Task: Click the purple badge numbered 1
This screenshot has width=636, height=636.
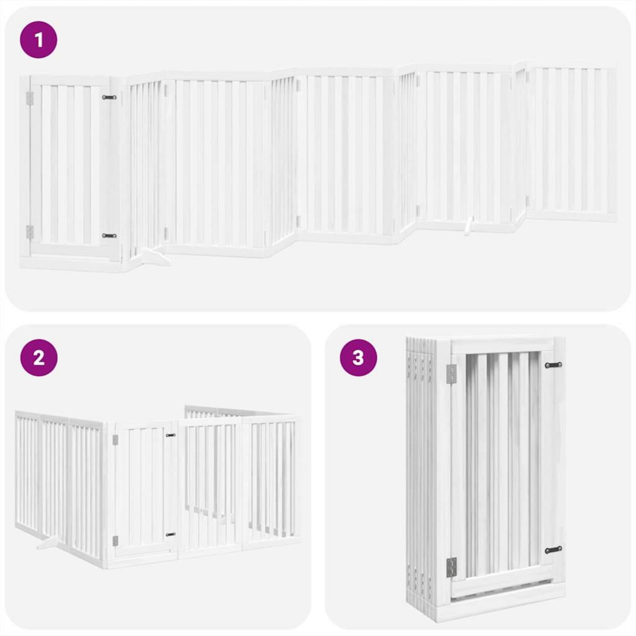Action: coord(39,39)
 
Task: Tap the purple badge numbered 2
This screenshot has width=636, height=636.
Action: coord(39,358)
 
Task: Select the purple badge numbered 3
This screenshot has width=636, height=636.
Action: coord(358,358)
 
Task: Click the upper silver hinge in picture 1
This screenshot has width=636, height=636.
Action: coord(30,98)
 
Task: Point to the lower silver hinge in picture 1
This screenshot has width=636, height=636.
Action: coord(30,231)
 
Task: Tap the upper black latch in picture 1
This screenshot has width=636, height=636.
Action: coord(110,98)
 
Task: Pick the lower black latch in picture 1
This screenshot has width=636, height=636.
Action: coord(110,235)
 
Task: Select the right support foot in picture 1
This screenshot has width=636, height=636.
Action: coord(467,226)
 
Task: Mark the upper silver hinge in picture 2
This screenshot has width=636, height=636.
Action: coord(115,439)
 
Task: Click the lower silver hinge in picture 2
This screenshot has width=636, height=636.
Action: coord(115,541)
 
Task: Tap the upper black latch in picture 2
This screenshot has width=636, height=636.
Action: coord(170,435)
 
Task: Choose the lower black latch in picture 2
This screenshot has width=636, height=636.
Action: coord(170,534)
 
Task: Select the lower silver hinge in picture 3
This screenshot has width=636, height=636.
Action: coord(451,568)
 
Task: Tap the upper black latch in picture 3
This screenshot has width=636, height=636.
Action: coord(553,365)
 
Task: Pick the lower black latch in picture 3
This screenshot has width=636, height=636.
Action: coord(553,550)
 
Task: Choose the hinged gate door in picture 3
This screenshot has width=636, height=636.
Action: coord(501,466)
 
